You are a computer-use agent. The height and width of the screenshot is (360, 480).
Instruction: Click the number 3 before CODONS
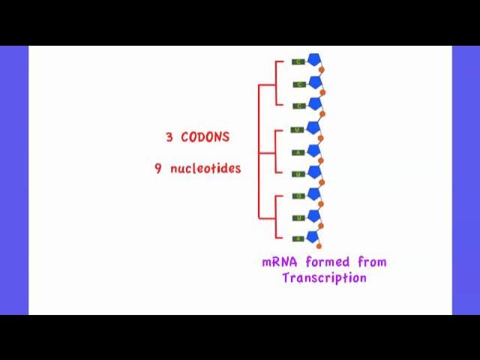pyautogui.click(x=169, y=137)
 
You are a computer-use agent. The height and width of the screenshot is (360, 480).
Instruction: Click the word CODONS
pyautogui.click(x=205, y=137)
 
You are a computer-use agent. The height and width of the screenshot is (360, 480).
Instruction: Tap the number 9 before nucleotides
pyautogui.click(x=158, y=169)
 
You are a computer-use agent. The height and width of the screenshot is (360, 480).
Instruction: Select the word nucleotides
pyautogui.click(x=205, y=169)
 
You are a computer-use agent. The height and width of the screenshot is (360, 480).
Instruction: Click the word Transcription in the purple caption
pyautogui.click(x=324, y=278)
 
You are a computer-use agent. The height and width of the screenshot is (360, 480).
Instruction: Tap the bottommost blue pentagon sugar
pyautogui.click(x=313, y=237)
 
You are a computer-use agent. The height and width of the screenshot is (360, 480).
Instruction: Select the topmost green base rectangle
pyautogui.click(x=298, y=61)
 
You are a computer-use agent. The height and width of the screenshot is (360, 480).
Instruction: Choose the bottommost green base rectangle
pyautogui.click(x=298, y=238)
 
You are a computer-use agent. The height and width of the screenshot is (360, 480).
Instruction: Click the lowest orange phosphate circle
pyautogui.click(x=319, y=246)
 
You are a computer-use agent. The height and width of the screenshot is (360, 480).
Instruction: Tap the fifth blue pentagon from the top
pyautogui.click(x=314, y=150)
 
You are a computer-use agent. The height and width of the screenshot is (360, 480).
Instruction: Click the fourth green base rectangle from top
pyautogui.click(x=298, y=130)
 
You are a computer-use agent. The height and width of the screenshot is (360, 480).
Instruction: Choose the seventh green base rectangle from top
pyautogui.click(x=298, y=196)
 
